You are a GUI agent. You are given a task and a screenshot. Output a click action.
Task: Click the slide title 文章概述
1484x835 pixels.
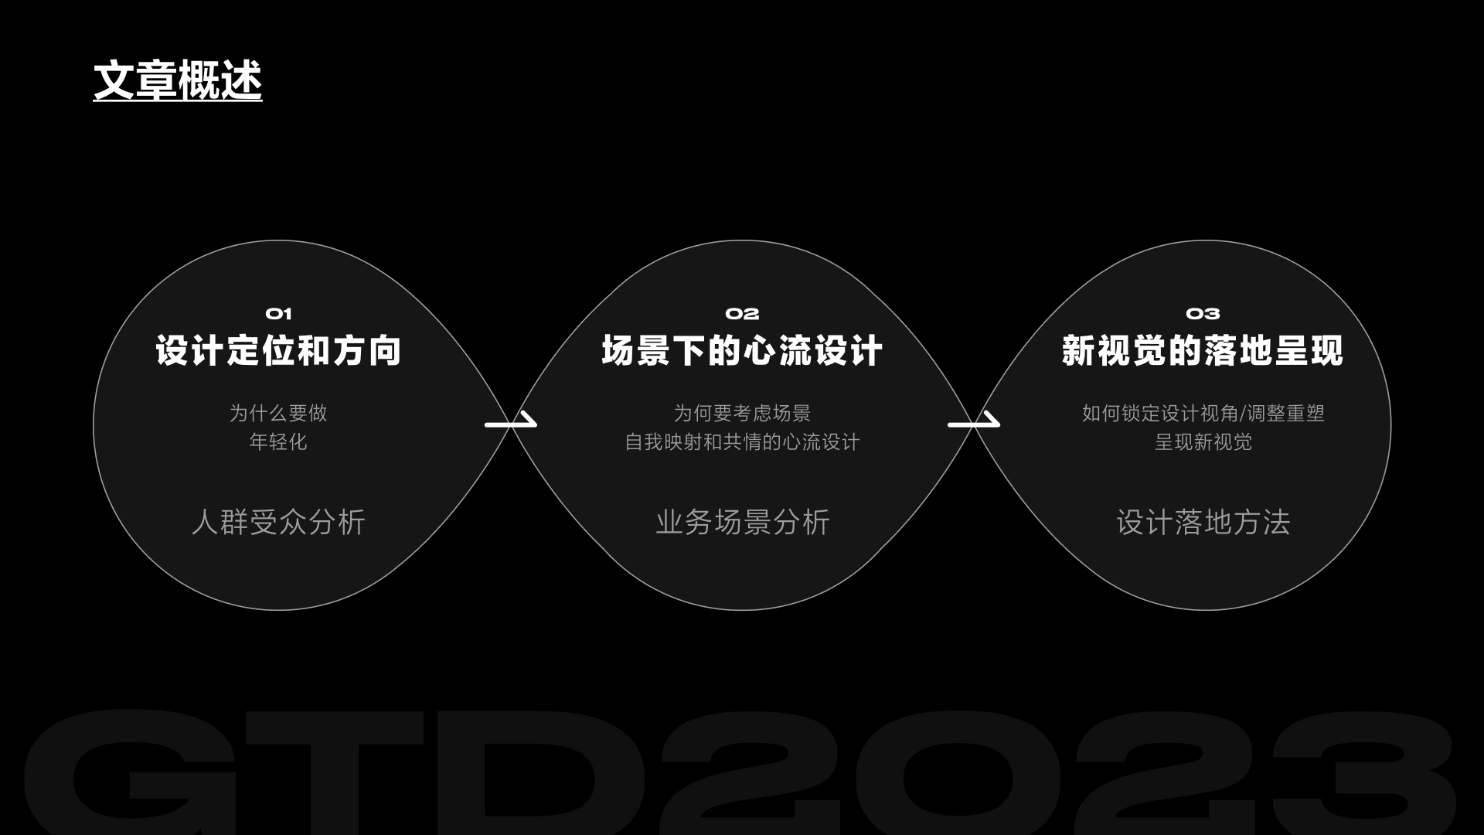tap(178, 80)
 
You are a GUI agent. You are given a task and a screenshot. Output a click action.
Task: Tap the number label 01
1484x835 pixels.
tap(278, 314)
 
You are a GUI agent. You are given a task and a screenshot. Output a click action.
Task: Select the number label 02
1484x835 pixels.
tap(742, 314)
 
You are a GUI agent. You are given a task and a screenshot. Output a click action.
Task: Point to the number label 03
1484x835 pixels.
tap(1203, 314)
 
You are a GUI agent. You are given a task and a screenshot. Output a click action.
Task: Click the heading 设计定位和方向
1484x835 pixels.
tap(278, 351)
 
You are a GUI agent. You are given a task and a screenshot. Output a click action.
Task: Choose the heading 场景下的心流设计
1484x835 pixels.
tap(742, 351)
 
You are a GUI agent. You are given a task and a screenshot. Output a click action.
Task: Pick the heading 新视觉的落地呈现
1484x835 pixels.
tap(1203, 351)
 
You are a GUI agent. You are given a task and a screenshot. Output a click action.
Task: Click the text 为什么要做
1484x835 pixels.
tap(278, 413)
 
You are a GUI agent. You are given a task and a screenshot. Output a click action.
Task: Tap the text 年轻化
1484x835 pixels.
tap(278, 441)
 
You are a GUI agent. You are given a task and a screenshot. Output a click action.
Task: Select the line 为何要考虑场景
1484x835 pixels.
tap(742, 413)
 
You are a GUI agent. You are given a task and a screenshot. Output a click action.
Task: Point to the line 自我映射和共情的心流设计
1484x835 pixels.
tap(742, 441)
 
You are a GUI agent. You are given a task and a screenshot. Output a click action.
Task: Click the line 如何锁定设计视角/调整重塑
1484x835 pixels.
tap(1203, 413)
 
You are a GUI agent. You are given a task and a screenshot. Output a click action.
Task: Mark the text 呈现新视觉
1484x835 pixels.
tap(1203, 441)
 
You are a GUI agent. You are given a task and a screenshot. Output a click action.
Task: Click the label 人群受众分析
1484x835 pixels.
tap(278, 522)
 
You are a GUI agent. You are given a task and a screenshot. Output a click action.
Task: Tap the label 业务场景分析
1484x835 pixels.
tap(742, 522)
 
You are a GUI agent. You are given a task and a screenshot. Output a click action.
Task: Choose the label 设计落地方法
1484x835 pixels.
tap(1203, 522)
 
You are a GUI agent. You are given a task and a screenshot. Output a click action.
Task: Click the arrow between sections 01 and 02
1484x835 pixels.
tap(510, 421)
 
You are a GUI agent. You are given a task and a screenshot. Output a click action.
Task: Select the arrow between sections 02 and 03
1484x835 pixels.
tap(973, 421)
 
